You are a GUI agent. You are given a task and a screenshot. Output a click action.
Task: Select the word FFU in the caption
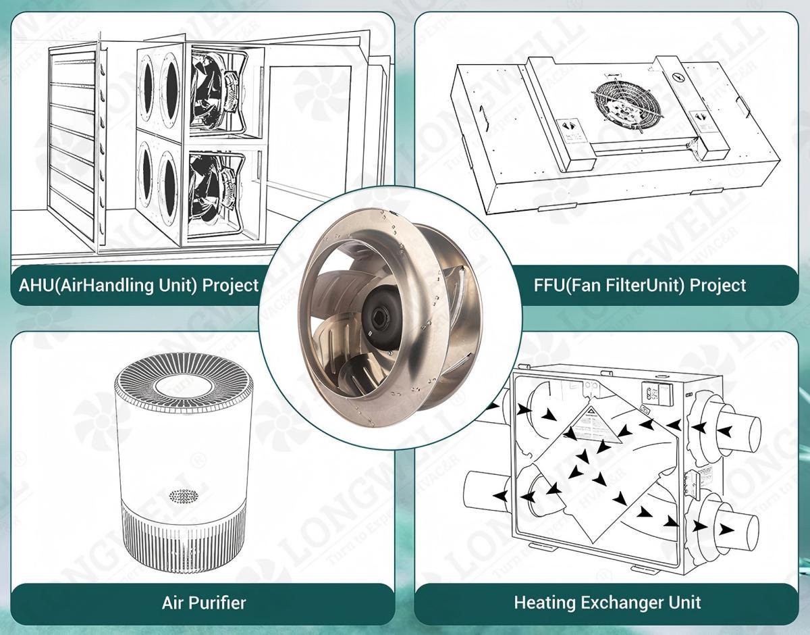(548, 285)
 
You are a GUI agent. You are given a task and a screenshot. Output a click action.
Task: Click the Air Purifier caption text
(203, 603)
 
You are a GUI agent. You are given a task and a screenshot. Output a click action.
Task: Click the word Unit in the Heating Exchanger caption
(684, 601)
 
